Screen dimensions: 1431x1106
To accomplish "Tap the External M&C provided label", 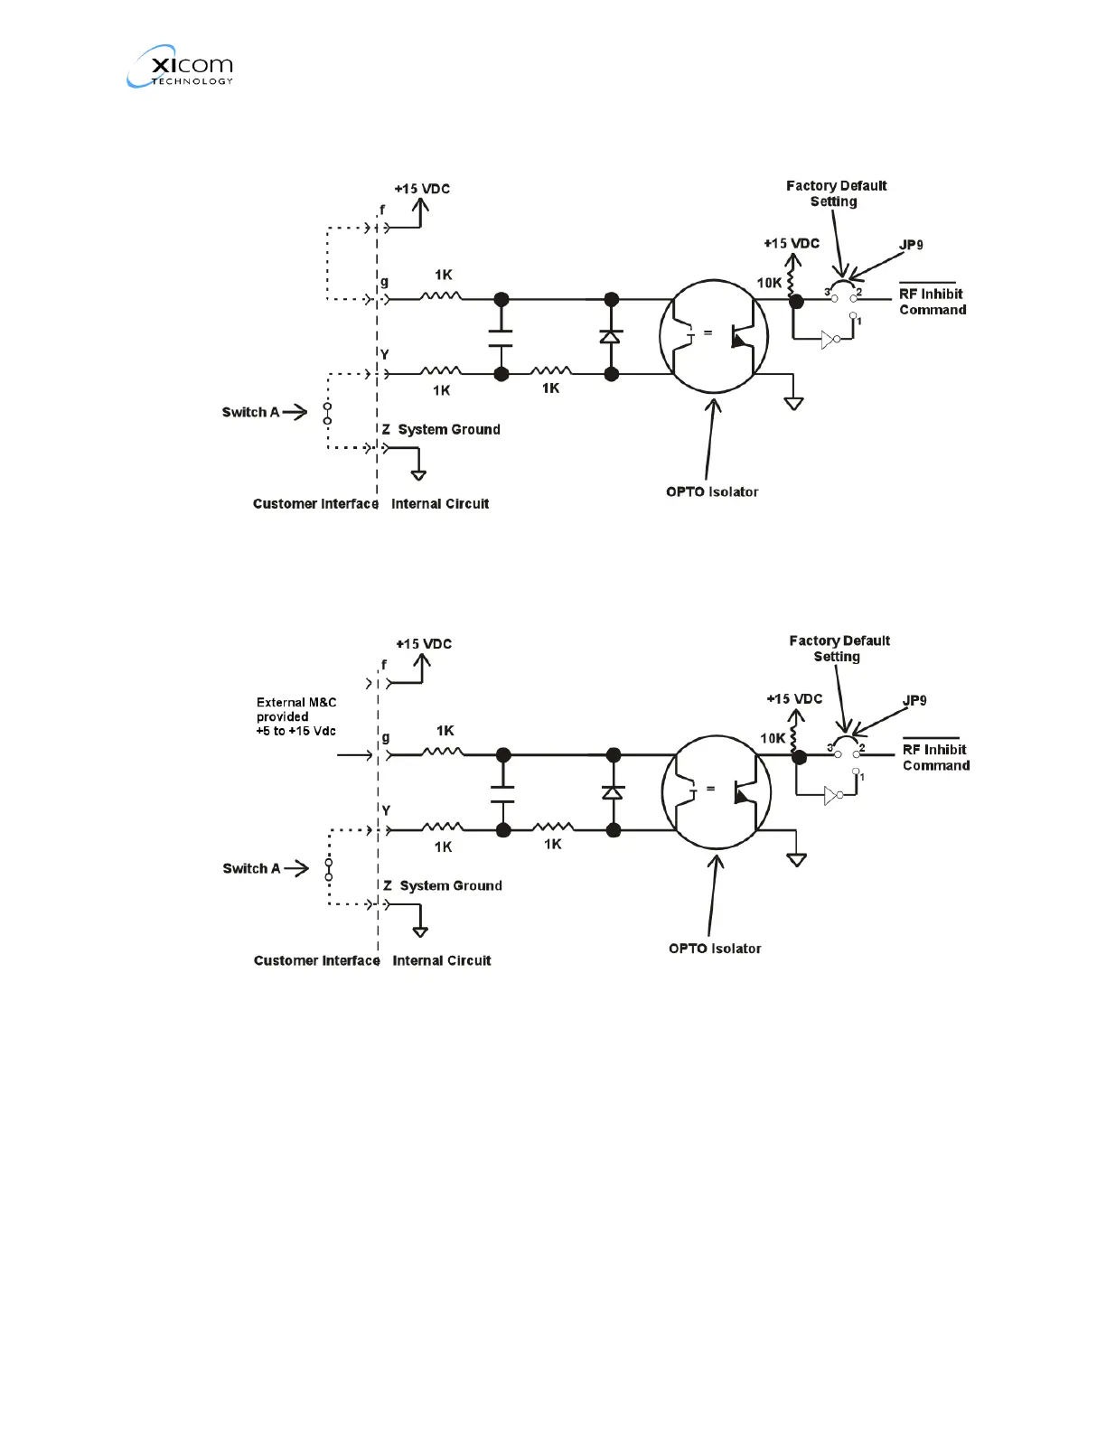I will (x=296, y=716).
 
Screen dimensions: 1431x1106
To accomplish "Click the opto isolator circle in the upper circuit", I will (x=713, y=337).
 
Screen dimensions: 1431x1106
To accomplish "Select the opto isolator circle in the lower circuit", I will (x=716, y=792).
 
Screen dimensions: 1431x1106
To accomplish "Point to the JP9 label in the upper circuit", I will (x=911, y=245).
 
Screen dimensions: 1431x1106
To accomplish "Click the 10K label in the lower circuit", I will (x=773, y=738).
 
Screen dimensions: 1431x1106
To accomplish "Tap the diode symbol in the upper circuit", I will (x=611, y=336).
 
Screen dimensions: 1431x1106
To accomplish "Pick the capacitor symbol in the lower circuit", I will (x=502, y=793).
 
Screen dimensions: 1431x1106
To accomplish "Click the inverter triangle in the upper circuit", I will (x=828, y=340).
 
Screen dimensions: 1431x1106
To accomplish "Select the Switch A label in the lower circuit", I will (x=251, y=868).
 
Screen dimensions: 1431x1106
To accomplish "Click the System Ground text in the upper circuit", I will (x=449, y=429).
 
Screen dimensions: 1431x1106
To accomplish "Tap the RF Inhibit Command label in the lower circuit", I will (x=935, y=757).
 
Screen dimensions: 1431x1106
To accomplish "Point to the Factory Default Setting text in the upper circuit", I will (x=836, y=193).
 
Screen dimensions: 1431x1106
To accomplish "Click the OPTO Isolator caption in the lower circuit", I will (x=715, y=949).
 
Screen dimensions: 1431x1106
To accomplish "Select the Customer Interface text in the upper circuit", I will (x=315, y=504).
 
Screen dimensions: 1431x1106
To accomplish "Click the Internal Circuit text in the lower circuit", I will (x=442, y=960).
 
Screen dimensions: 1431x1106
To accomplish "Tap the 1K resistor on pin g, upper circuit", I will (x=442, y=296).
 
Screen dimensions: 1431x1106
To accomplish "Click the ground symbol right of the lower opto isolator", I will (x=796, y=859).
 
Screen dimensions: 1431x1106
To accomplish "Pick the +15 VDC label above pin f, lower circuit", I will (x=424, y=644).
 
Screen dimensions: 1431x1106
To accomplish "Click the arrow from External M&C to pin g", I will (x=355, y=755).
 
